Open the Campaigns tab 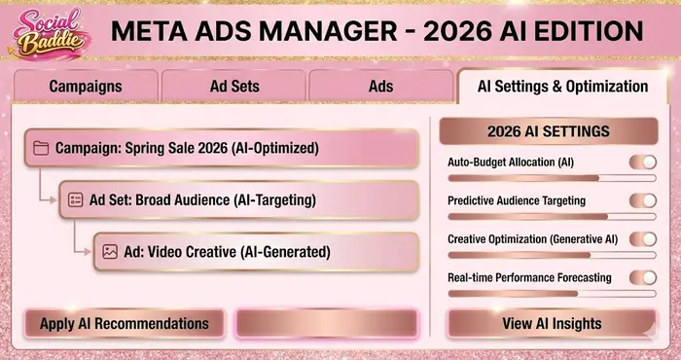click(87, 87)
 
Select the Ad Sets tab click(234, 87)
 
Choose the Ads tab click(380, 87)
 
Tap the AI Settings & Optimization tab click(562, 87)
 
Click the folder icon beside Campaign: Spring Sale click(41, 149)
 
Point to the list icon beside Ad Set click(75, 199)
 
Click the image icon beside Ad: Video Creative click(109, 251)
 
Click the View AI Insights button click(551, 323)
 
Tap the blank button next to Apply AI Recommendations click(326, 323)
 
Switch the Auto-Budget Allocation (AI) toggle click(642, 162)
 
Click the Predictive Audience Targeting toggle click(642, 200)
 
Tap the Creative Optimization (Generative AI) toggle click(642, 238)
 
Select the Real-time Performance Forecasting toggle click(642, 277)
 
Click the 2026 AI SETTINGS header click(549, 131)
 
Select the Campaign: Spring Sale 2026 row click(222, 149)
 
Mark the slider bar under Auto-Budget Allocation click(551, 178)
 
